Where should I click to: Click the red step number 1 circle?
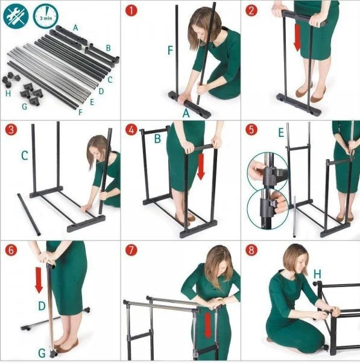pyautogui.click(x=131, y=11)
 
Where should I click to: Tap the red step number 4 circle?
pyautogui.click(x=131, y=130)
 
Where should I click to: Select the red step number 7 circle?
pyautogui.click(x=131, y=250)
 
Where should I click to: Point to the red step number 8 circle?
pyautogui.click(x=251, y=250)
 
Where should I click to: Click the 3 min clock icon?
pyautogui.click(x=46, y=17)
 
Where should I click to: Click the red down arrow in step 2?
pyautogui.click(x=297, y=37)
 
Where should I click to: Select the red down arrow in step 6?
pyautogui.click(x=39, y=280)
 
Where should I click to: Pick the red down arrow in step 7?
pyautogui.click(x=207, y=326)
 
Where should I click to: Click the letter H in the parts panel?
pyautogui.click(x=8, y=93)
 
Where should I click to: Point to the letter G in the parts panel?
pyautogui.click(x=24, y=107)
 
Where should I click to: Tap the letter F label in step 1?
pyautogui.click(x=170, y=50)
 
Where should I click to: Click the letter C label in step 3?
pyautogui.click(x=25, y=156)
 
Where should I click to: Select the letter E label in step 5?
pyautogui.click(x=281, y=133)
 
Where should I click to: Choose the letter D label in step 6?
pyautogui.click(x=42, y=306)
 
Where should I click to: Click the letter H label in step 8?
pyautogui.click(x=317, y=274)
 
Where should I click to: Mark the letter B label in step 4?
pyautogui.click(x=157, y=139)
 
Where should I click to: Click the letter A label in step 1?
pyautogui.click(x=186, y=113)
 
